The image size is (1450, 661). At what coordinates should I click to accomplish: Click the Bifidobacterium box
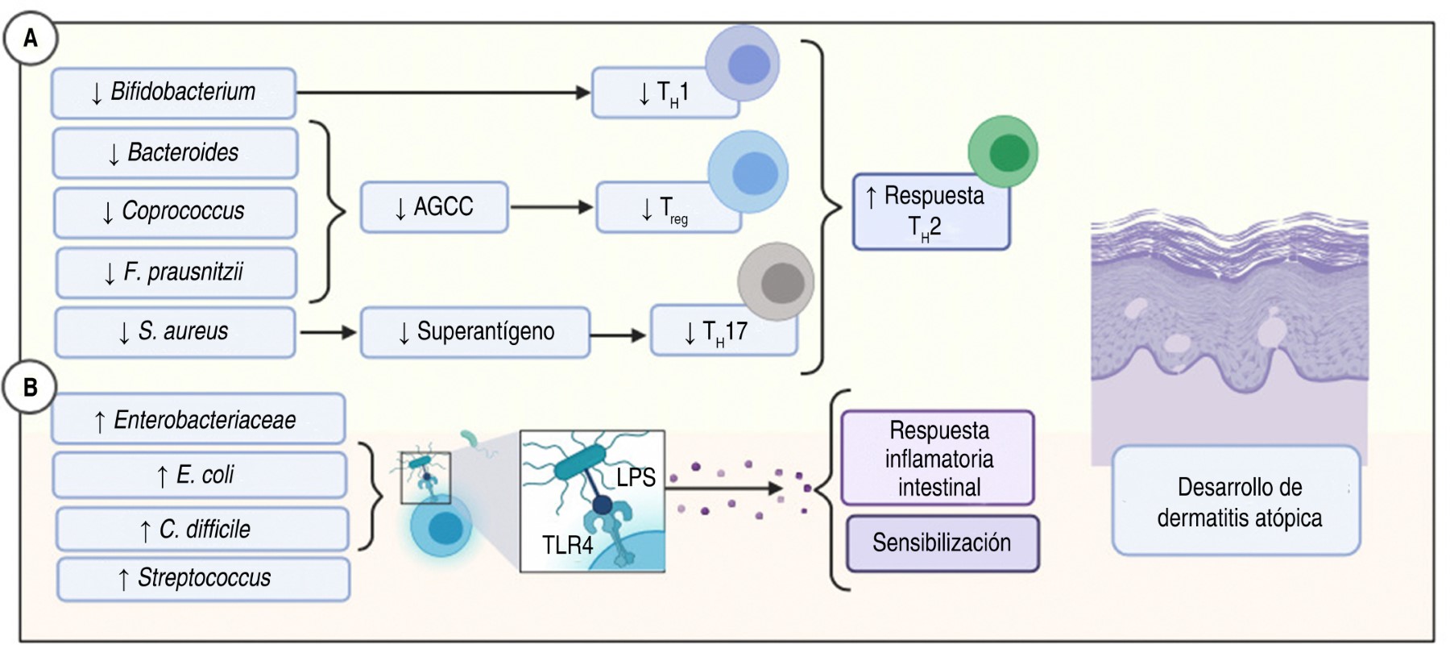tap(173, 93)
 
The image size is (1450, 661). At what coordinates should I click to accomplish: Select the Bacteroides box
tap(175, 152)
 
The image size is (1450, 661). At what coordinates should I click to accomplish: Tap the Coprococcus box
tap(175, 212)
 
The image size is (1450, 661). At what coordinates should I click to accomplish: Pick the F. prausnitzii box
tap(176, 272)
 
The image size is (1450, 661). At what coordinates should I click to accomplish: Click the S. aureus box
tap(175, 331)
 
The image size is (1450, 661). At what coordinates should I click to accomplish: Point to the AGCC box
tap(434, 207)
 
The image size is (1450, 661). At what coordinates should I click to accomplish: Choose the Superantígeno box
tap(475, 331)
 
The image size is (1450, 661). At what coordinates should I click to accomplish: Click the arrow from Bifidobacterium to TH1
tap(443, 93)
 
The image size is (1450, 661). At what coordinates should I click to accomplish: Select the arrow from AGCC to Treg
tap(551, 207)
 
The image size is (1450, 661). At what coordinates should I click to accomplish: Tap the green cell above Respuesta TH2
tap(1003, 152)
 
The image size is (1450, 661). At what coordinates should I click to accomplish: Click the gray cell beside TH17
tap(776, 282)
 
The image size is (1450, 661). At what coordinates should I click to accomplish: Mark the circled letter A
tap(31, 38)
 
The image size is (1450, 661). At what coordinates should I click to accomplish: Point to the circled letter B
tap(30, 387)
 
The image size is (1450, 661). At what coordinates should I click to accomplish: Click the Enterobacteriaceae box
tap(198, 419)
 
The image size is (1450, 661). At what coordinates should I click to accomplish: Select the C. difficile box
tap(201, 529)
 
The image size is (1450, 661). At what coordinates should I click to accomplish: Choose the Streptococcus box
tap(203, 578)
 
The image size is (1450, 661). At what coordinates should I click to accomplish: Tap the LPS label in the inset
tap(636, 477)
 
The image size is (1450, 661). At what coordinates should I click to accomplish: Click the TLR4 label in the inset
tap(567, 546)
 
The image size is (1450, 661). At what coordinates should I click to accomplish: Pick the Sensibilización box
tap(942, 543)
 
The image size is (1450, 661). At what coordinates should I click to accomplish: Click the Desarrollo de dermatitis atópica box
tap(1237, 501)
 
